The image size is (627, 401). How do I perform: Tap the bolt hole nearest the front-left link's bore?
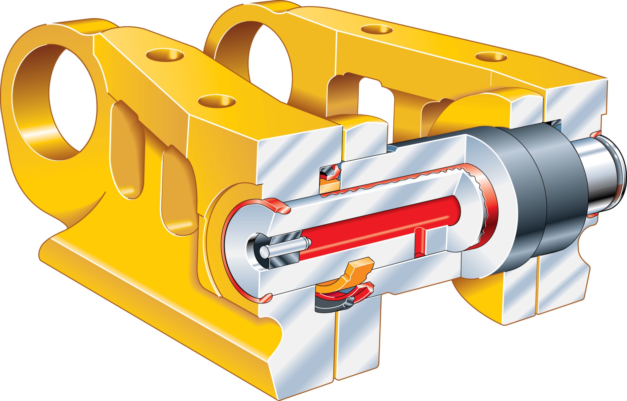click(165, 55)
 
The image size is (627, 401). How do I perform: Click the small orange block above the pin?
click(330, 186)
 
